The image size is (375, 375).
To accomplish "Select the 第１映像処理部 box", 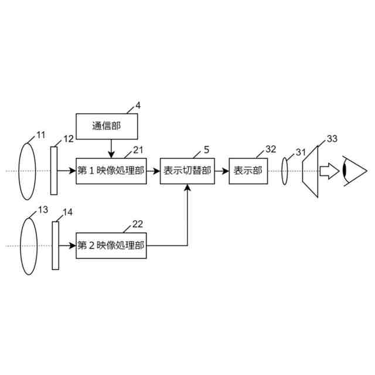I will [111, 171].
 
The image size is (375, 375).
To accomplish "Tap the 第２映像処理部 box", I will [111, 246].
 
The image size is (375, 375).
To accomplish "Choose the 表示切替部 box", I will [187, 171].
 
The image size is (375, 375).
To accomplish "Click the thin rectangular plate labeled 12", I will [54, 170].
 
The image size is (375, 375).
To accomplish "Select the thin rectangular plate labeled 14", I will [56, 245].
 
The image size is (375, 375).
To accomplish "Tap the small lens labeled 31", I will [285, 171].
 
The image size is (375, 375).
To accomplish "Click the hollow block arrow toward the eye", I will [329, 171].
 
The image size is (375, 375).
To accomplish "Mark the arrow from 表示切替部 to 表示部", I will [221, 171].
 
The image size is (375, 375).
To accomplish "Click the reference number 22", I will [138, 224].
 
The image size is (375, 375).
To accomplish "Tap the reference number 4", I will [138, 105].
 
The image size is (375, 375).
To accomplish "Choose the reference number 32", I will [270, 149].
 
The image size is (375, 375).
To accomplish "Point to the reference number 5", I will [206, 149].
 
